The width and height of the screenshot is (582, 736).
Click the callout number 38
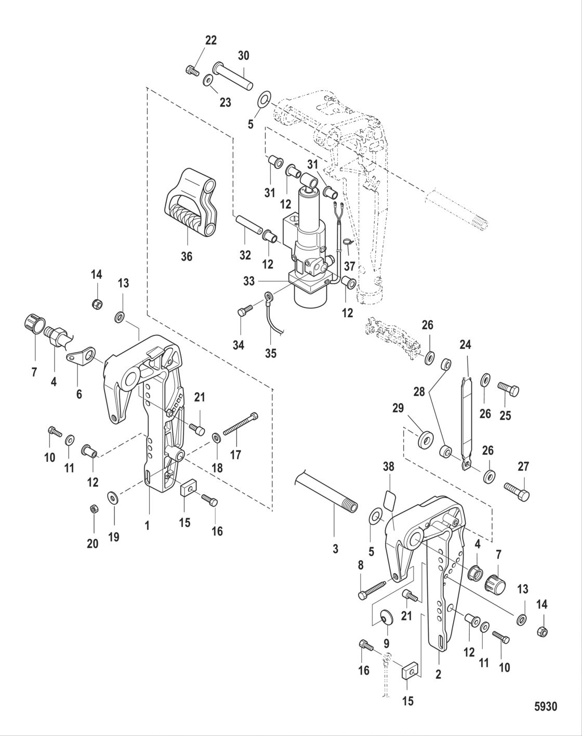tap(389, 467)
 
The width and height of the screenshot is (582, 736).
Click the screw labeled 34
tap(244, 312)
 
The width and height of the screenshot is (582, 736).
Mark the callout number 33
tap(249, 281)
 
